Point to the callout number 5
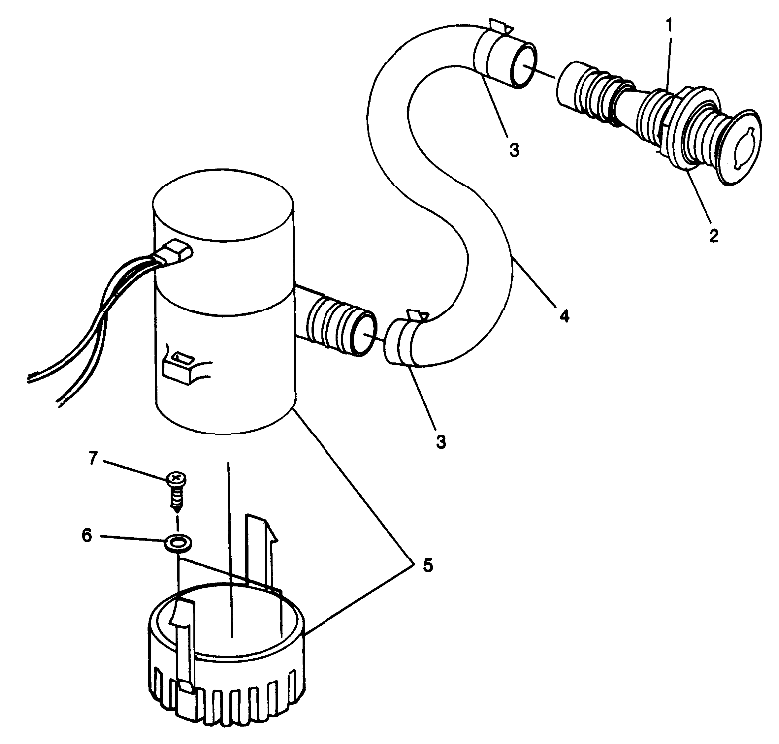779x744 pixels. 427,565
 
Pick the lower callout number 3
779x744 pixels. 440,440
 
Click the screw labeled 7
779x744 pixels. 177,489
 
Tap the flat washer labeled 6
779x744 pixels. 179,544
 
